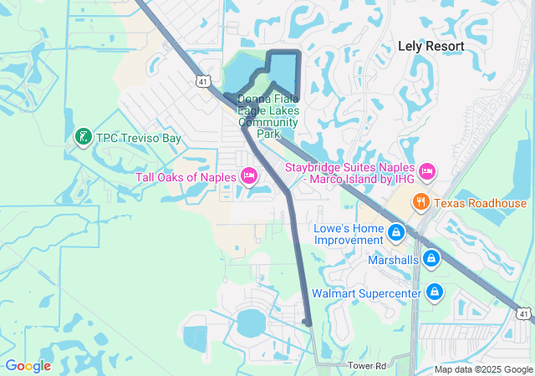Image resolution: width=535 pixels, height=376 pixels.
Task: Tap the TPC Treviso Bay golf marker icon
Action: (x=83, y=136)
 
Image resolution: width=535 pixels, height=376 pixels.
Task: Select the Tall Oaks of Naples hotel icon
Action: (x=248, y=176)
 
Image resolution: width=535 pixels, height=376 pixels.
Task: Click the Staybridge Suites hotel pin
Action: (x=427, y=172)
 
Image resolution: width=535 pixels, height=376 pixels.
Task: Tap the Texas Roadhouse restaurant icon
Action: (x=420, y=202)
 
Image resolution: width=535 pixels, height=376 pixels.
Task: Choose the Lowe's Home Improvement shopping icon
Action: (x=396, y=232)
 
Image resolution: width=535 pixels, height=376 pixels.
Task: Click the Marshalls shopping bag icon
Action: (x=431, y=259)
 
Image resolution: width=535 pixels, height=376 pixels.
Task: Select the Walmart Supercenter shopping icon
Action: (x=434, y=292)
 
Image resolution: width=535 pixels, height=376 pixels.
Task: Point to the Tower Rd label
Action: (x=368, y=366)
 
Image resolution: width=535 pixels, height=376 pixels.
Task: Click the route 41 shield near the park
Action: (x=204, y=81)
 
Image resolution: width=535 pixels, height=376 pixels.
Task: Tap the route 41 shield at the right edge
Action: (x=523, y=313)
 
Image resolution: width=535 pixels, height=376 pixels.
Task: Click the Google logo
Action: (x=28, y=366)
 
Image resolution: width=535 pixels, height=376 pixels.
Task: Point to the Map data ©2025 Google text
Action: (x=482, y=369)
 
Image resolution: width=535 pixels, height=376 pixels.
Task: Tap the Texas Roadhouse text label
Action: (x=480, y=203)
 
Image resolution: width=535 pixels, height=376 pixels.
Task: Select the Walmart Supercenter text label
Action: (x=366, y=293)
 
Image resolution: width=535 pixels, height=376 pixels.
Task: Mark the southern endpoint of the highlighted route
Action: (x=308, y=323)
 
